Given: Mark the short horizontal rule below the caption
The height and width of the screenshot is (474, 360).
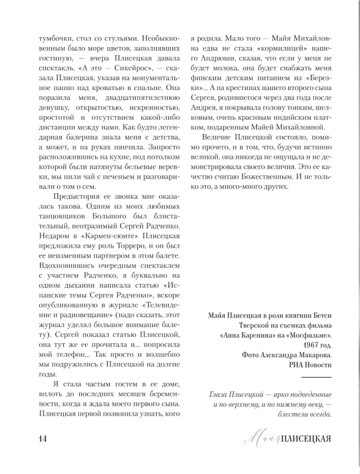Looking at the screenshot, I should click(316, 377).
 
